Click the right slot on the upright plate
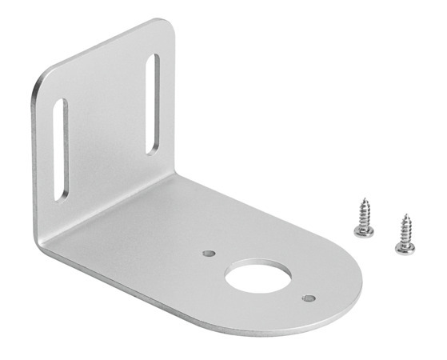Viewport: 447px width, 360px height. click(x=153, y=102)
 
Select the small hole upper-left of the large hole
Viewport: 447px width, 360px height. click(x=209, y=253)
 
